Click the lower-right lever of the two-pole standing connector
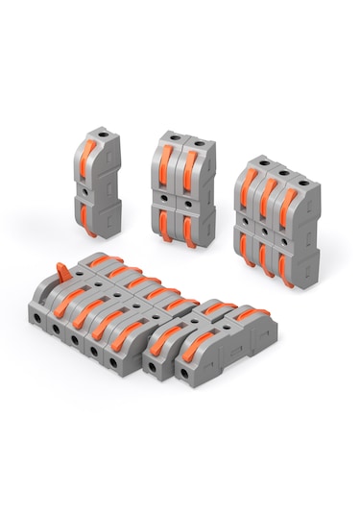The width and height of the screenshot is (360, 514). click(190, 231)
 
